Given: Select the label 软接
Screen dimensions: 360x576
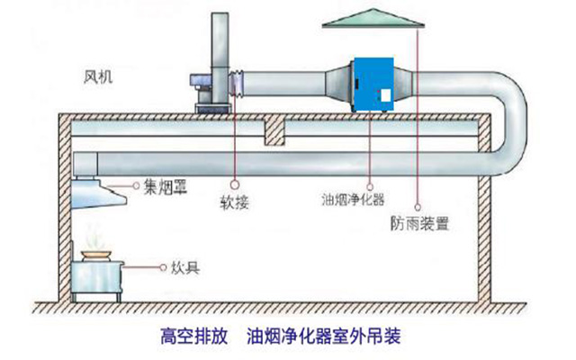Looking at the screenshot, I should coord(234,202).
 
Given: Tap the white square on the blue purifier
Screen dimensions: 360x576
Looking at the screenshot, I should coord(385,94).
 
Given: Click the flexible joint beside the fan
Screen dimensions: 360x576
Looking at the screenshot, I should coord(238,84).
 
